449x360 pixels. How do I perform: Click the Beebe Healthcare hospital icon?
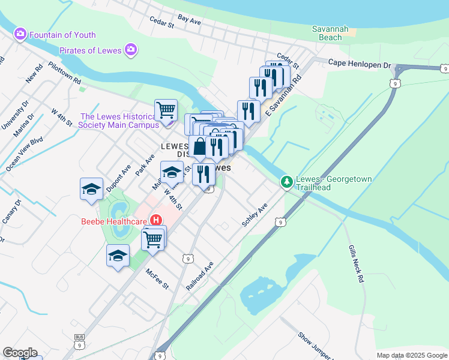click(156, 220)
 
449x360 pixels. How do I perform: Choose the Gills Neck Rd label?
click(356, 264)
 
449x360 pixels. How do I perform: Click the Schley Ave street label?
click(254, 214)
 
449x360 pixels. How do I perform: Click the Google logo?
click(20, 353)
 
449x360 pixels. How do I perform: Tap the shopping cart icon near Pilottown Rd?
click(166, 110)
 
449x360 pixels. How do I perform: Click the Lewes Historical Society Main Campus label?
click(119, 121)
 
